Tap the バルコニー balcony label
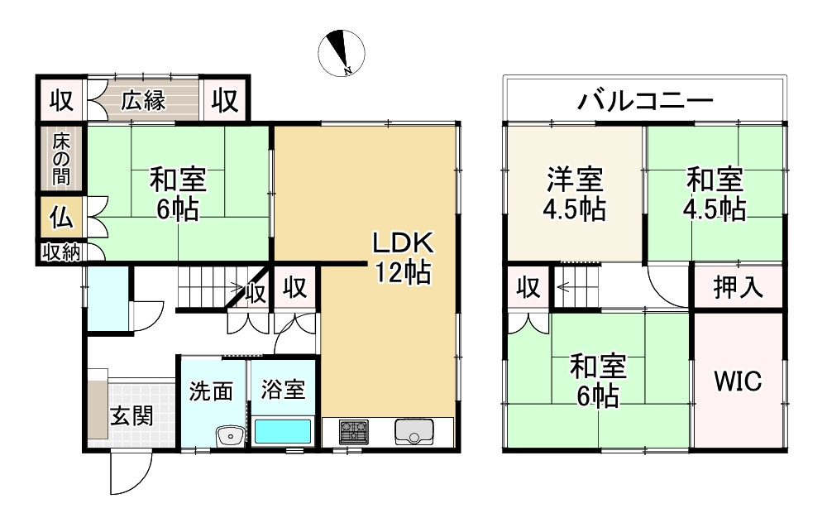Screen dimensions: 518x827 tap(646, 103)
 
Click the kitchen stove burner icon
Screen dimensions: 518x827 tap(356, 431)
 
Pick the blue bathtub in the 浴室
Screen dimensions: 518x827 tap(283, 432)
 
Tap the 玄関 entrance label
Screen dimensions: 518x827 tap(132, 415)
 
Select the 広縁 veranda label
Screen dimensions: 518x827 tap(144, 102)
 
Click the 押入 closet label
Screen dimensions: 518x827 tap(737, 288)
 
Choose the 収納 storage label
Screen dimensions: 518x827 tap(60, 252)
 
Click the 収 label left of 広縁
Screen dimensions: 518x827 tap(61, 101)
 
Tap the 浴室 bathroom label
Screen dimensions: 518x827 tap(283, 391)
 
